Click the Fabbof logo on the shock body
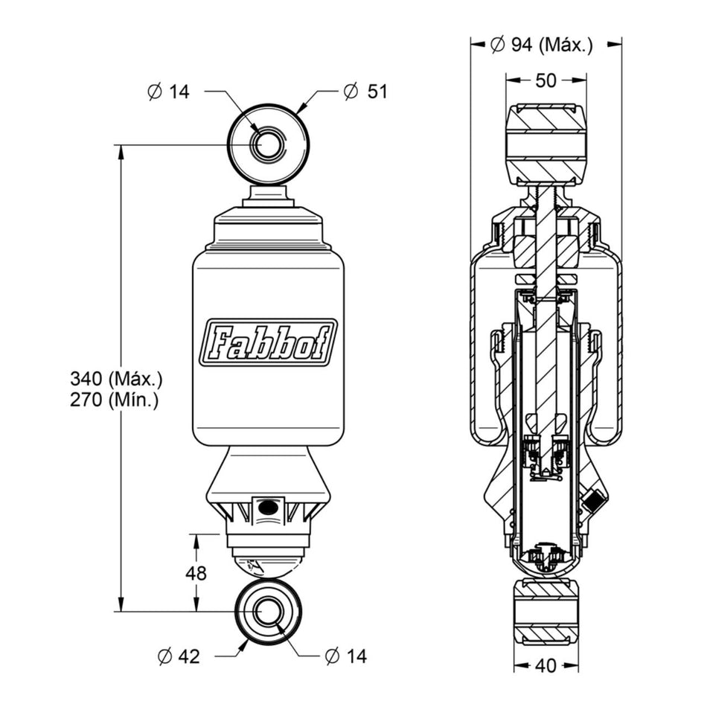(x=269, y=342)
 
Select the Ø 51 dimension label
(x=365, y=92)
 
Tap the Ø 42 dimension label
(x=179, y=656)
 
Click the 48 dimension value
(x=196, y=574)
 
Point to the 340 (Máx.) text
(x=116, y=379)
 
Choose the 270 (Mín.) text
(x=114, y=400)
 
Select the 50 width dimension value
(x=546, y=80)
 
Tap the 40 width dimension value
(x=546, y=665)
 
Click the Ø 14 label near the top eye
(x=169, y=92)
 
